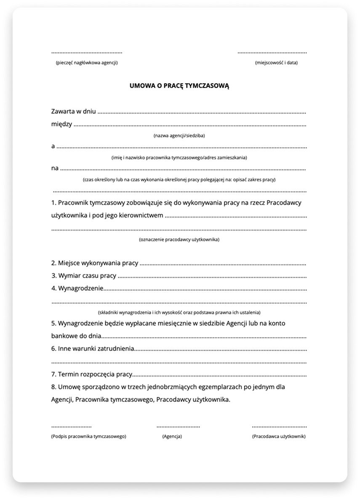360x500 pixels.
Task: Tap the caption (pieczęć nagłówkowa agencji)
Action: click(86, 63)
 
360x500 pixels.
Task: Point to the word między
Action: click(61, 124)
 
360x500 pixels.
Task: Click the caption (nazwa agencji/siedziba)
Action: click(179, 136)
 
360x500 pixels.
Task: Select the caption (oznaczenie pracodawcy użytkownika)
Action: click(179, 239)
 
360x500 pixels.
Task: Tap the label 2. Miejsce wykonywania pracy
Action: click(95, 263)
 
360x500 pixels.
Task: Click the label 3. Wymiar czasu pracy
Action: click(84, 276)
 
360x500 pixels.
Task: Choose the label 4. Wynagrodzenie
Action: click(77, 289)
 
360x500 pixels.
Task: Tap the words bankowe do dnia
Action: click(76, 336)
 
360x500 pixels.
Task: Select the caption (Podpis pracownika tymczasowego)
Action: click(88, 436)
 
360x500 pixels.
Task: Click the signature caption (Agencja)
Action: click(172, 436)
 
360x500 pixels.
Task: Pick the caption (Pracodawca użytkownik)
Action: click(279, 436)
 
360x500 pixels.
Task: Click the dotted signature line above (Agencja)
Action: click(178, 427)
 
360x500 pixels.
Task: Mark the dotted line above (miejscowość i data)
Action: click(272, 53)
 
